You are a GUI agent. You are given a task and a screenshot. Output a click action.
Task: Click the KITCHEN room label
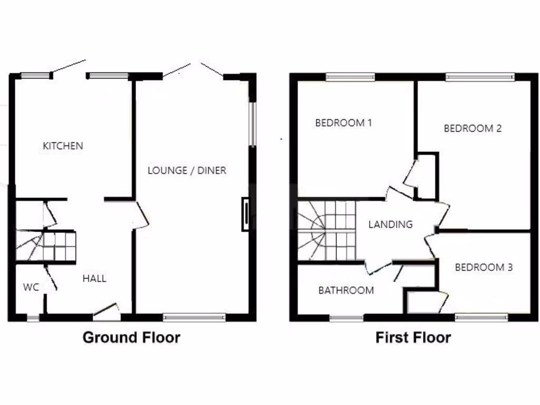[x=63, y=146]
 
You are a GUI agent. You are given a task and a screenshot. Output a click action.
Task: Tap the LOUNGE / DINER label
[x=187, y=170]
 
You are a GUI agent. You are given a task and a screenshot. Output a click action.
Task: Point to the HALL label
[x=94, y=278]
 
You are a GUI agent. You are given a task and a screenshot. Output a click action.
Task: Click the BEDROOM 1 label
[x=343, y=123]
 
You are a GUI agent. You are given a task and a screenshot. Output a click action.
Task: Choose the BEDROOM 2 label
[x=472, y=128]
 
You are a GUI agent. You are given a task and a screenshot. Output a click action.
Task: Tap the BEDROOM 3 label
[x=484, y=267]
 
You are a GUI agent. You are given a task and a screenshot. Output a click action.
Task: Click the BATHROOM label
[x=346, y=290]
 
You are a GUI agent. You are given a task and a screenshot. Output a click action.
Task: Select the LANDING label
[x=390, y=224]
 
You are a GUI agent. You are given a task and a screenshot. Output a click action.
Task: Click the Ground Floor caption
[x=131, y=337]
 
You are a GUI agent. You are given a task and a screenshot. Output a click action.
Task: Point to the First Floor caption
[x=413, y=337]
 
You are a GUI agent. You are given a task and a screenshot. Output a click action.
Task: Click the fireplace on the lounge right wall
[x=246, y=214]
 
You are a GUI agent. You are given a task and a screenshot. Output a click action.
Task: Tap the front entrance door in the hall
[x=106, y=311]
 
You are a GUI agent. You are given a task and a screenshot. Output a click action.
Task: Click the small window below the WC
[x=33, y=317]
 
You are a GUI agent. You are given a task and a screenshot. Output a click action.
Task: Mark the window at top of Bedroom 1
[x=350, y=78]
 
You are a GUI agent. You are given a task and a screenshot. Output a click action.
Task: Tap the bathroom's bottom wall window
[x=346, y=317]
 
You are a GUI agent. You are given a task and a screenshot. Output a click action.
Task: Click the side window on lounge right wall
[x=253, y=124]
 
